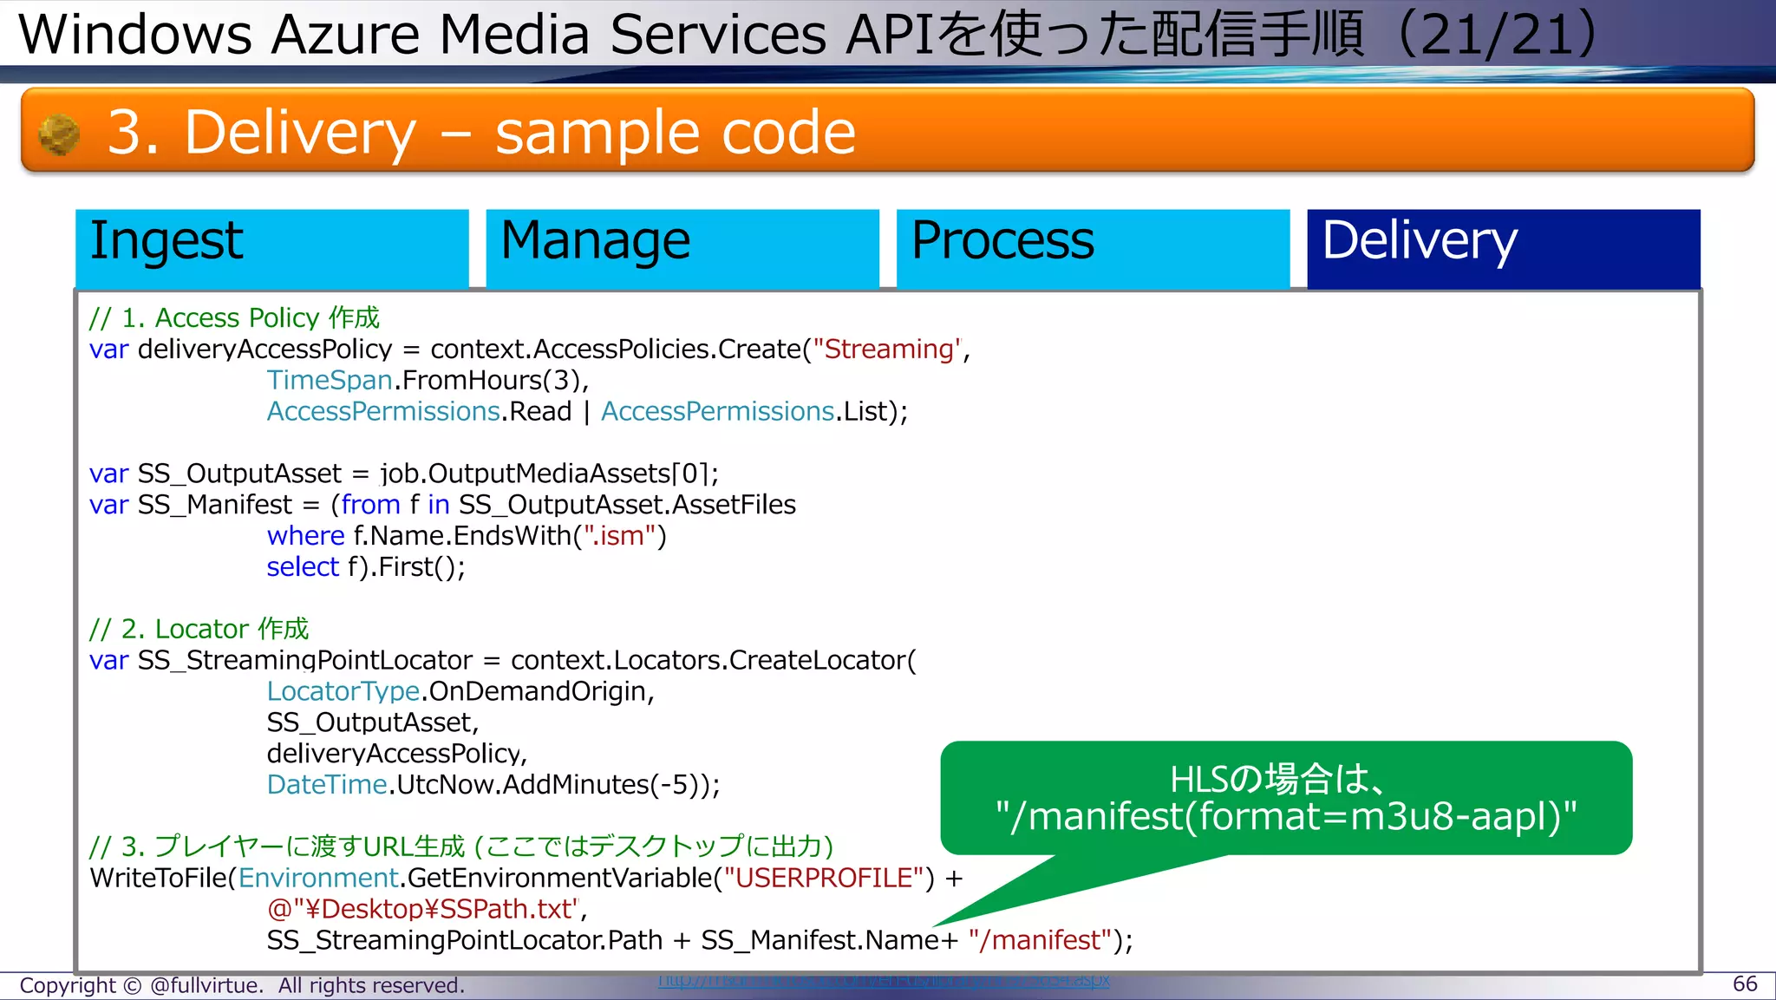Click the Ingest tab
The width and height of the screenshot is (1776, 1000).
click(271, 248)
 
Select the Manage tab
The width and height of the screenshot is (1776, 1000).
click(682, 248)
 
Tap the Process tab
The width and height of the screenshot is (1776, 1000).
click(1092, 248)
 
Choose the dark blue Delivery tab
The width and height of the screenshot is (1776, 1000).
click(1503, 248)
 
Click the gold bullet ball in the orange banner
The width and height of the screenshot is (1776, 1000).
click(59, 134)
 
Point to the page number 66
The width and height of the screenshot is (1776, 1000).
click(1744, 984)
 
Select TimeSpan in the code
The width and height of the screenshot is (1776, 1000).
click(330, 380)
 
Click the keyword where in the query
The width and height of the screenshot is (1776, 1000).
click(305, 536)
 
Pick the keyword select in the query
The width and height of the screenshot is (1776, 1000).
click(303, 567)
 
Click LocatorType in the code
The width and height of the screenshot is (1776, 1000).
click(343, 691)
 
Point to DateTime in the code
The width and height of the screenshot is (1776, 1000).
click(326, 785)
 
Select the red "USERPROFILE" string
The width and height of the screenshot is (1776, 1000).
click(824, 878)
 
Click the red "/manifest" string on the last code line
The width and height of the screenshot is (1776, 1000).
click(1040, 940)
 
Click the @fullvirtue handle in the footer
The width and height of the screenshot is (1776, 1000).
click(206, 985)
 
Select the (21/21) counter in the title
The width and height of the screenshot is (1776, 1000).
click(1497, 35)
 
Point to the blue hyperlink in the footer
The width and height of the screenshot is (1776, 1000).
click(884, 981)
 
